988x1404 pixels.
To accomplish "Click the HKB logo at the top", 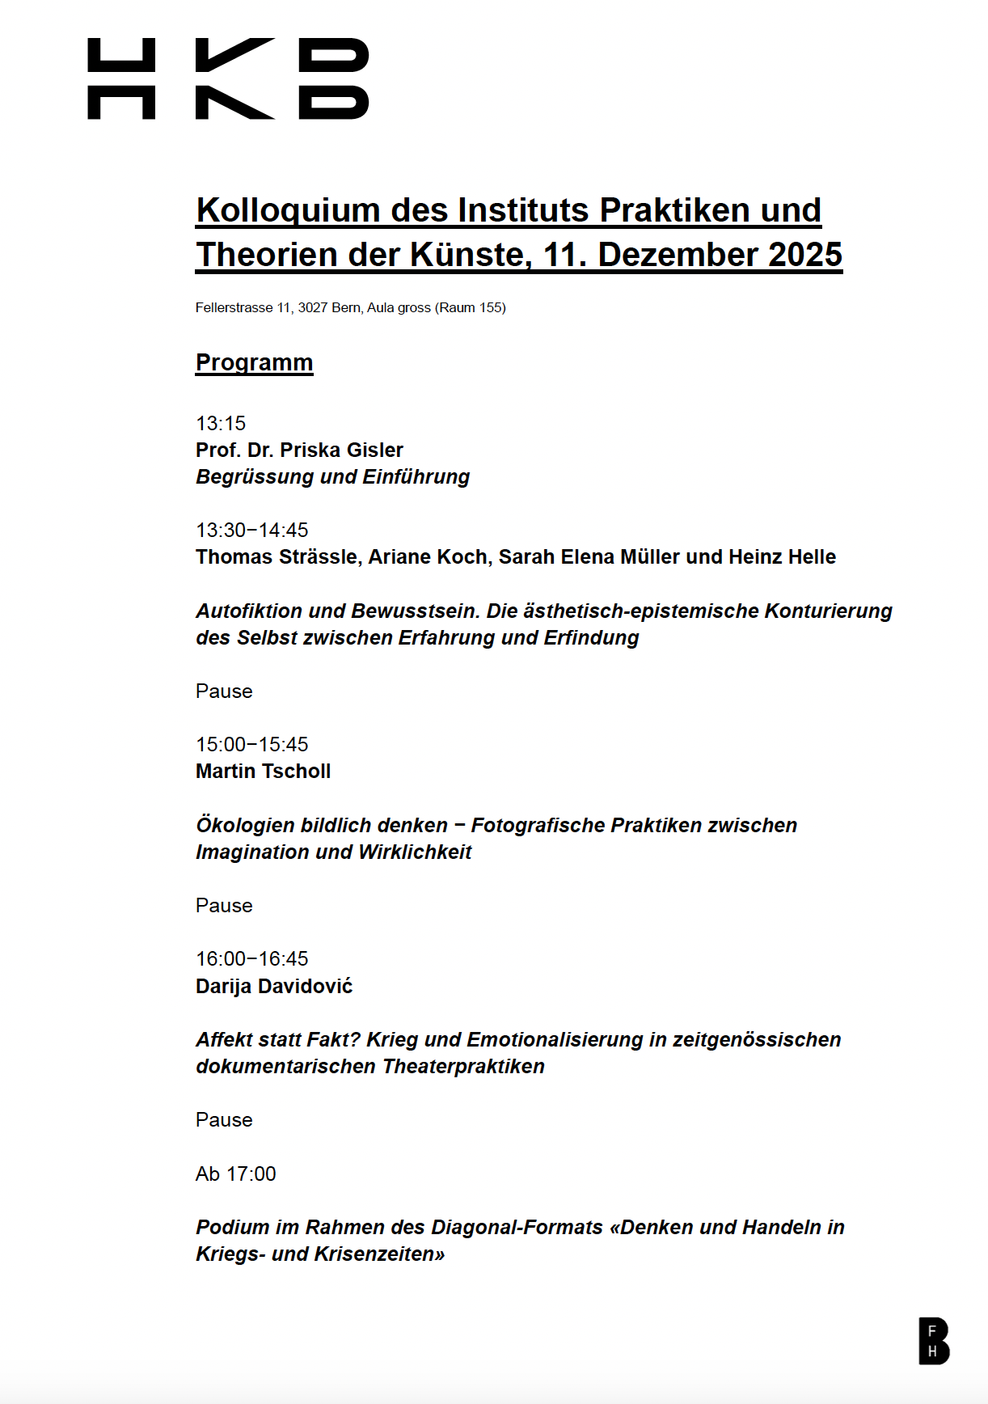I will (228, 78).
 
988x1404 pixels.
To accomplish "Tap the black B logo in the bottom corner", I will (933, 1340).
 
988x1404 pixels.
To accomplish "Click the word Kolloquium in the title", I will (289, 210).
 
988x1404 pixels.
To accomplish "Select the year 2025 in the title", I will (805, 255).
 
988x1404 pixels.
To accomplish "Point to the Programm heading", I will (254, 362).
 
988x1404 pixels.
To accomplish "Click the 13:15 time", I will (221, 423).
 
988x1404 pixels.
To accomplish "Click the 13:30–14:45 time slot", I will (252, 530).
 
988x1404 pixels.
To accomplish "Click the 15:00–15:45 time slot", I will (252, 744).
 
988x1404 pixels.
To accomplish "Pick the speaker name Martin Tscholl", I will (264, 771).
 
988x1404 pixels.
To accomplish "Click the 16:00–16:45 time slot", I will (252, 958).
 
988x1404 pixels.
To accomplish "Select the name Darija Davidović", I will (274, 986).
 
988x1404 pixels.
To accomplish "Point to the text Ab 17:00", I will (236, 1174).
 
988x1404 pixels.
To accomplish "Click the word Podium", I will (233, 1227).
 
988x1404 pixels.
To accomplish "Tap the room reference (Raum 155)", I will (471, 307).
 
